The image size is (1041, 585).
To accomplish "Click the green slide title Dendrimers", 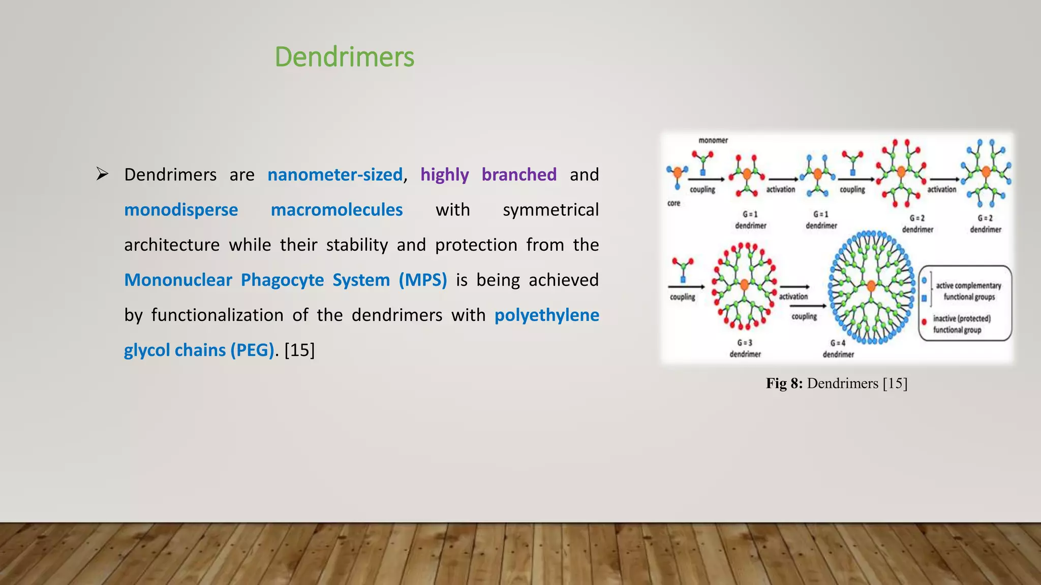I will tap(344, 57).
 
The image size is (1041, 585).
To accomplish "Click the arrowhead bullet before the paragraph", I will tap(102, 174).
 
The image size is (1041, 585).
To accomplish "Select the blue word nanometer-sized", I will tap(335, 175).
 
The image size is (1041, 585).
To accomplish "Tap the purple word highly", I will tap(444, 175).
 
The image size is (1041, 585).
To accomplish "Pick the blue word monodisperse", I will tap(181, 210).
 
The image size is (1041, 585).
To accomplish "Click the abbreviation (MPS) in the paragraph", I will tap(422, 280).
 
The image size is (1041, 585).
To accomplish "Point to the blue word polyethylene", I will tap(546, 315).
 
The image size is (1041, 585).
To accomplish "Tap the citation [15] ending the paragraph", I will tap(299, 350).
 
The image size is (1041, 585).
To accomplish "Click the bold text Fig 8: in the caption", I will tap(784, 383).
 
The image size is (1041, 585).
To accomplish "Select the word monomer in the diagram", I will tap(713, 140).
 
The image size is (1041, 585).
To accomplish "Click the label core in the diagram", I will tap(673, 203).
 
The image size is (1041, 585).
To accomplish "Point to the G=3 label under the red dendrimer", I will tap(745, 343).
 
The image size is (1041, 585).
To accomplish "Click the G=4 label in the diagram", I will tap(838, 343).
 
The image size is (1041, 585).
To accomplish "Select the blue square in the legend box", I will tap(924, 299).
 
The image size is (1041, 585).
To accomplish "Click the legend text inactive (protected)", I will tap(962, 318).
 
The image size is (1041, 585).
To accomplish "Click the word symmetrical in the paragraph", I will tap(550, 210).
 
